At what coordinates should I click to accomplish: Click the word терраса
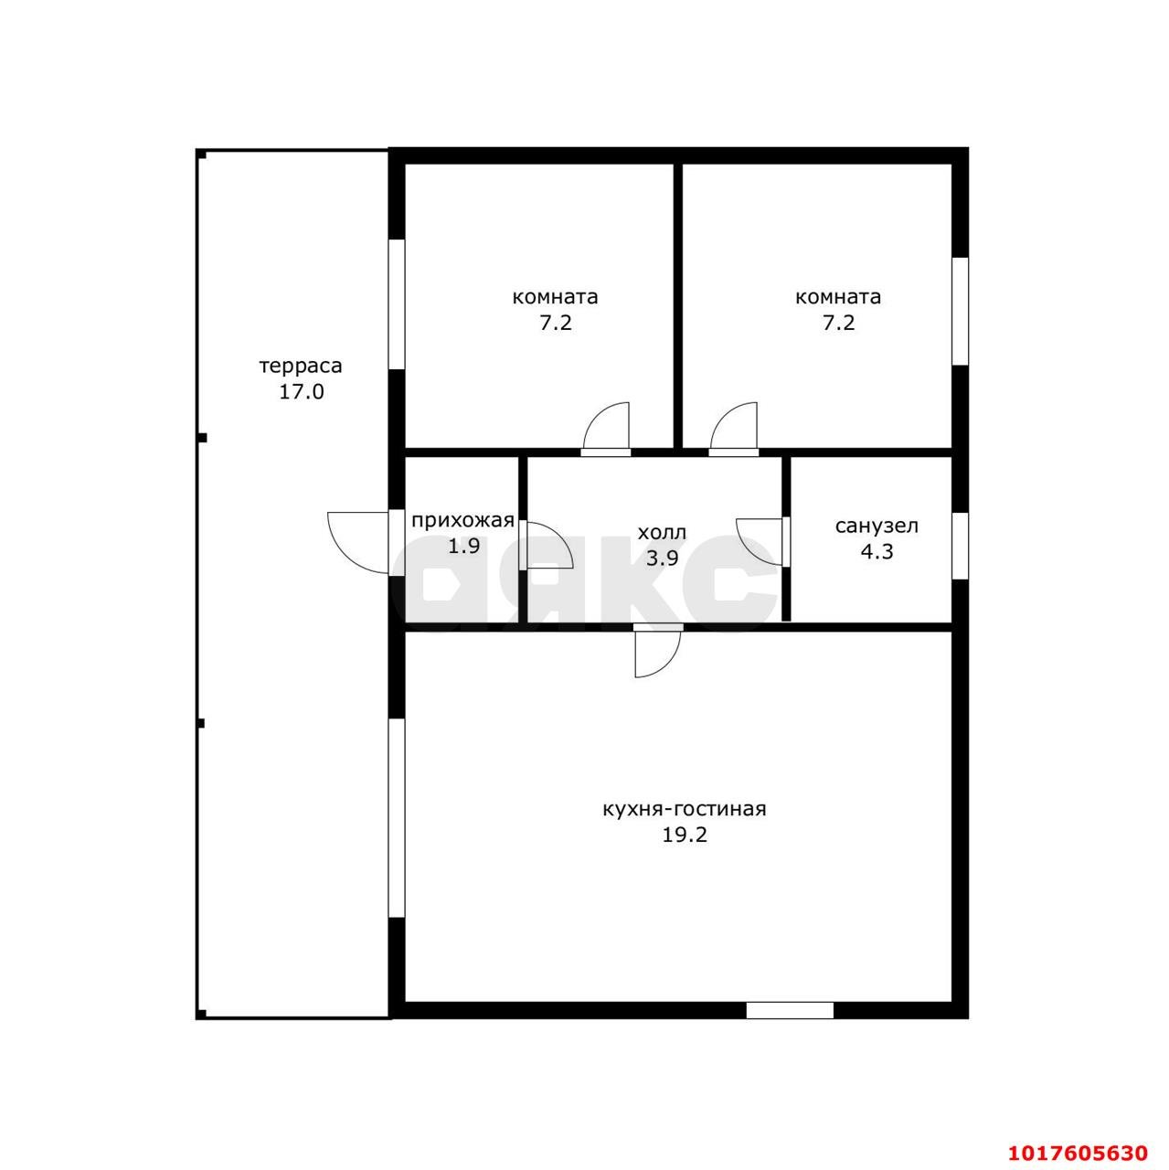[301, 367]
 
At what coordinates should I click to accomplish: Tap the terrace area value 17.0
[302, 391]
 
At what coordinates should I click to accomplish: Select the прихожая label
[462, 520]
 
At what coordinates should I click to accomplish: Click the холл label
[662, 533]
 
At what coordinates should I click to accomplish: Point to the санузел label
[877, 526]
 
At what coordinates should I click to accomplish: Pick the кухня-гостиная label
[685, 809]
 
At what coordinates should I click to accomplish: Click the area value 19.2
[685, 835]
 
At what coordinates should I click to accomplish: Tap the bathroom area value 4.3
[877, 551]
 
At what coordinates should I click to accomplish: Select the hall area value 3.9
[662, 558]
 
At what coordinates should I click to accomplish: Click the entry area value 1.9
[463, 546]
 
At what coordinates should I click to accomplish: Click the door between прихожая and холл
[546, 545]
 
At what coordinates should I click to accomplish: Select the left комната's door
[606, 429]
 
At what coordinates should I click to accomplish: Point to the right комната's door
[734, 429]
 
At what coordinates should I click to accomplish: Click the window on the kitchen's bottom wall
[790, 1010]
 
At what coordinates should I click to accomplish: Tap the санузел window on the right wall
[960, 546]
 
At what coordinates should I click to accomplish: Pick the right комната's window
[960, 311]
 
